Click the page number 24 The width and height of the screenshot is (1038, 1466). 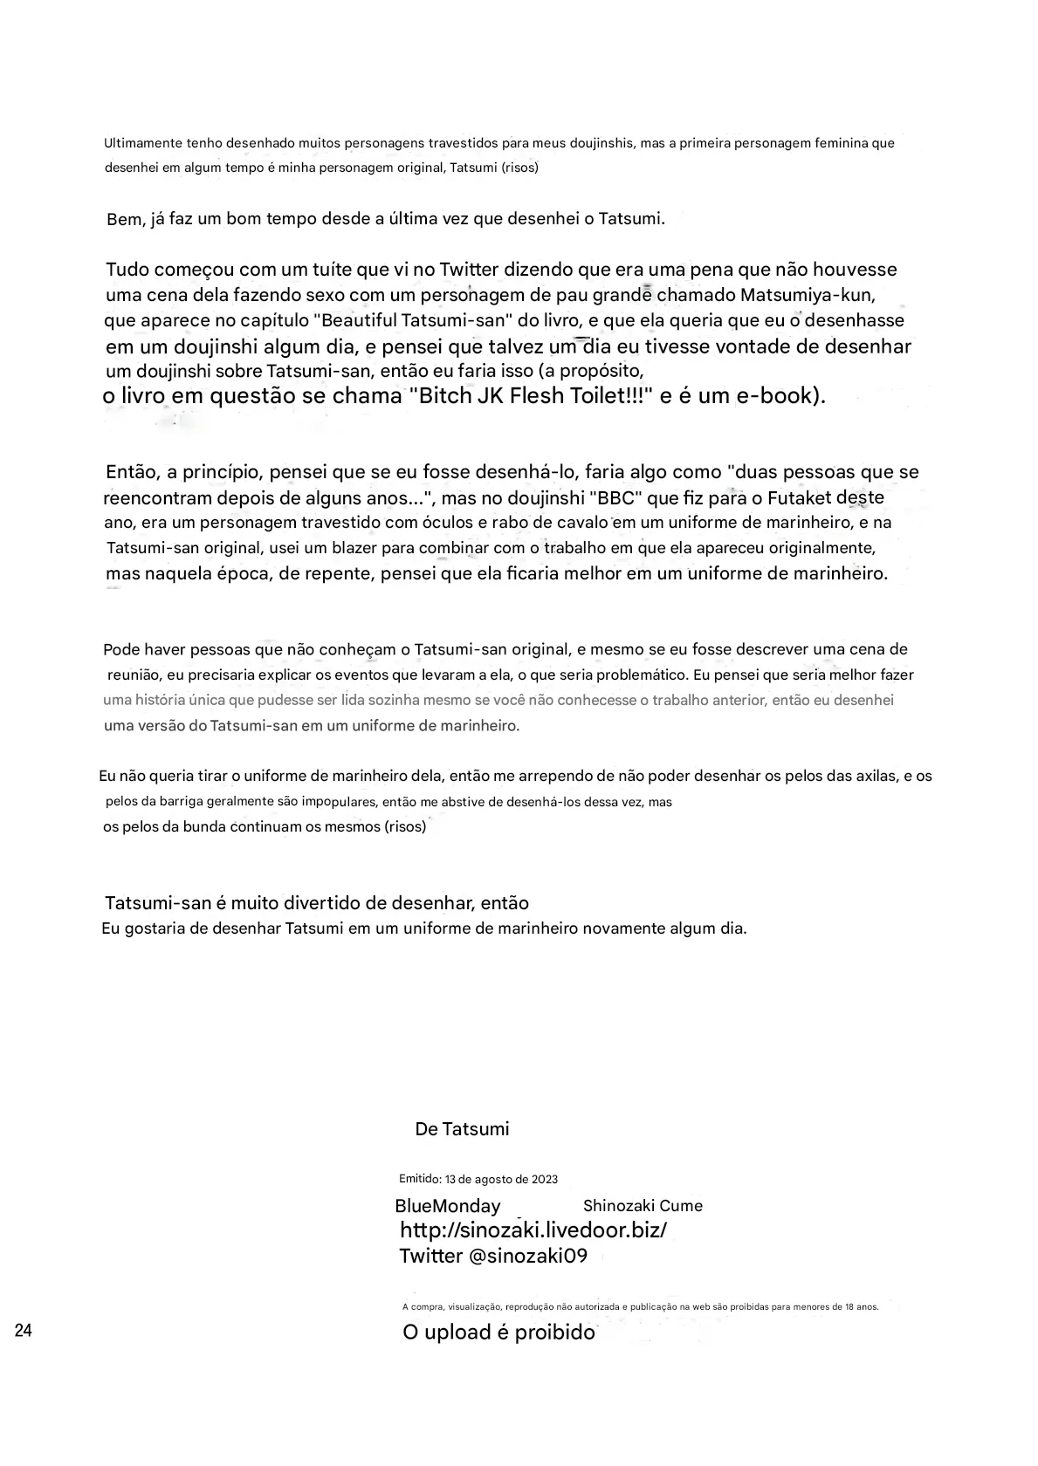pyautogui.click(x=24, y=1331)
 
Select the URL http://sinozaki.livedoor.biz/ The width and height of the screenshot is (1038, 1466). pyautogui.click(x=533, y=1230)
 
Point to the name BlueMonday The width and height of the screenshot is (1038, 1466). pyautogui.click(x=448, y=1206)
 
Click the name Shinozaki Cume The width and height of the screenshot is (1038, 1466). pyautogui.click(x=643, y=1206)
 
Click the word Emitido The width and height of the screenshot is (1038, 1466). pyautogui.click(x=419, y=1178)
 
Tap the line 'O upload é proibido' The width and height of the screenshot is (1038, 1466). pyautogui.click(x=498, y=1332)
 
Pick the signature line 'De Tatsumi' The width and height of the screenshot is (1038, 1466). pyautogui.click(x=462, y=1129)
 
